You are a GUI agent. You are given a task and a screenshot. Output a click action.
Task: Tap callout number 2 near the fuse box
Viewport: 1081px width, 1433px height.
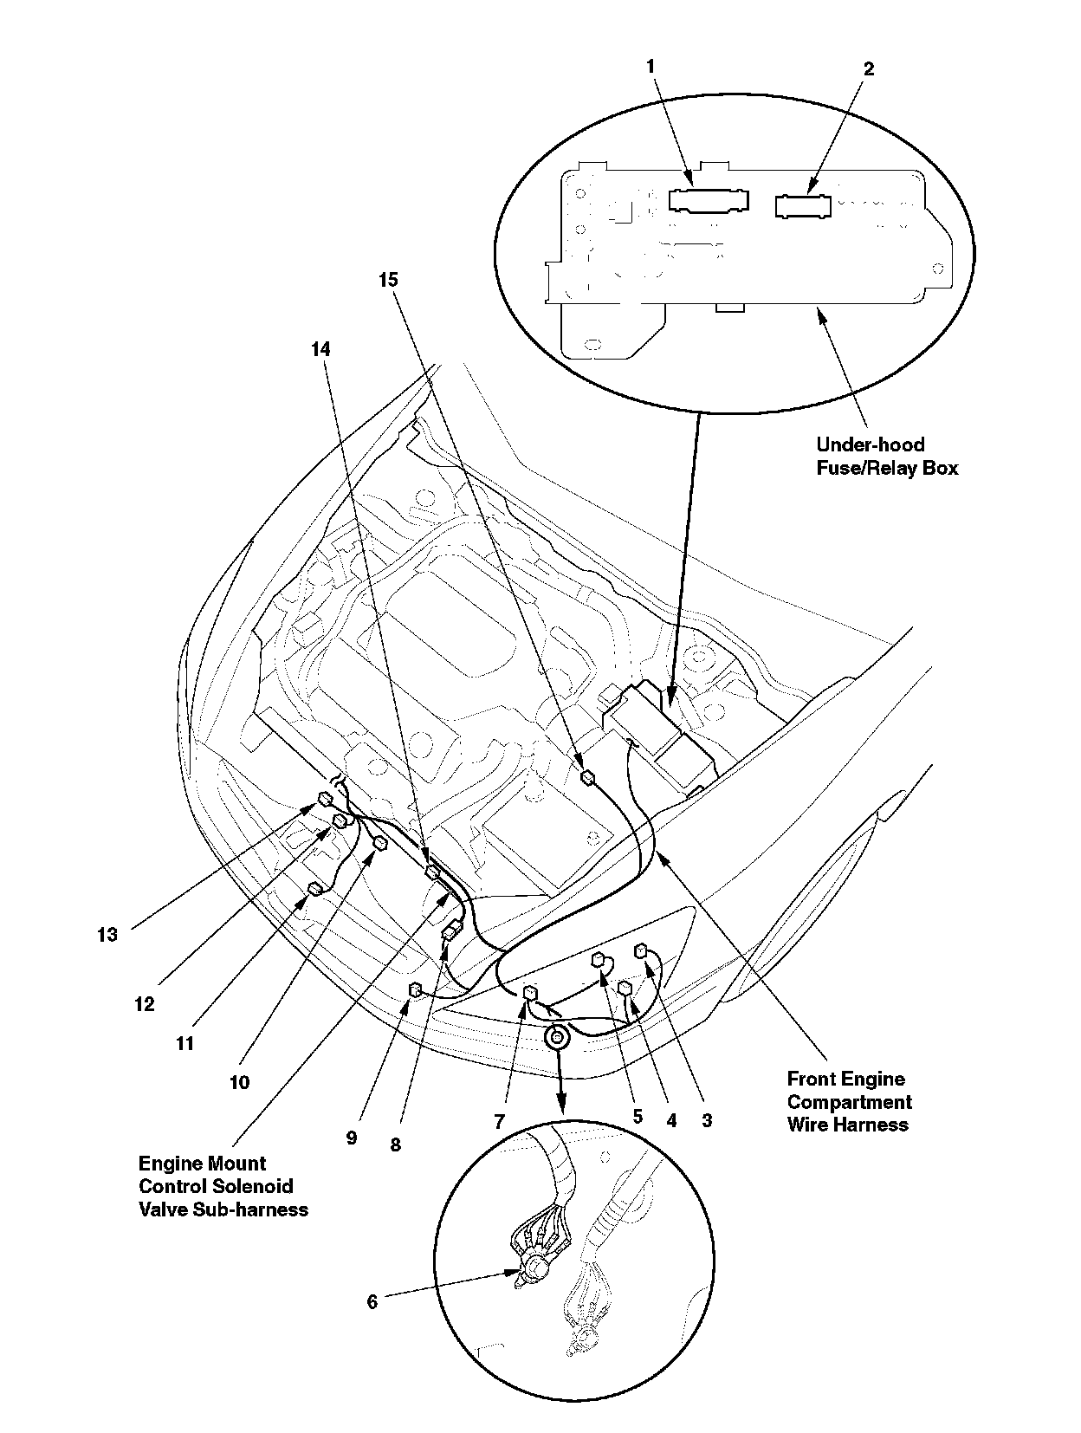point(869,69)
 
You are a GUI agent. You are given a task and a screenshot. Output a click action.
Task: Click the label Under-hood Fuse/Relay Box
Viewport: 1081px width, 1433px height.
point(887,457)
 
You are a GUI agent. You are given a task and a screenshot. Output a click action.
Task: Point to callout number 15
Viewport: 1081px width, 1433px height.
point(388,280)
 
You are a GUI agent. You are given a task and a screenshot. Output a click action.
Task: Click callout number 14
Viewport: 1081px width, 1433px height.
point(320,349)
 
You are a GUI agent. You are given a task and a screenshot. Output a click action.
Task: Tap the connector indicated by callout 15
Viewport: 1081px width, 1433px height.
point(587,777)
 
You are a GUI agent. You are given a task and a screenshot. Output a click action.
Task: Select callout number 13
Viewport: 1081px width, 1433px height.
point(107,935)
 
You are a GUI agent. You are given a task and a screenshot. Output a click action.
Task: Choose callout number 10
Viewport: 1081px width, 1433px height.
point(239,1082)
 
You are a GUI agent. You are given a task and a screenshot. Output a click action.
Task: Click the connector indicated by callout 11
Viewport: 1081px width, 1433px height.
point(315,888)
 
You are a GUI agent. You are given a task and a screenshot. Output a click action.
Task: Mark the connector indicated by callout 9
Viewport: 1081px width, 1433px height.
point(415,989)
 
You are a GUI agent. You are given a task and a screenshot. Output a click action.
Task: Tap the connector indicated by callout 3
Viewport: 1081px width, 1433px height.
point(642,950)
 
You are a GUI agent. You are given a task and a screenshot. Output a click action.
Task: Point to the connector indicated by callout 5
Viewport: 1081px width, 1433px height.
point(599,959)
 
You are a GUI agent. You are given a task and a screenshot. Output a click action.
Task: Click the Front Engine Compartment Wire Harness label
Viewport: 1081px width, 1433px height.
point(849,1102)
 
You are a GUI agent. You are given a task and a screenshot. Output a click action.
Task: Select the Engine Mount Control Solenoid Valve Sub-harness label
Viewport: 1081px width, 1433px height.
point(223,1186)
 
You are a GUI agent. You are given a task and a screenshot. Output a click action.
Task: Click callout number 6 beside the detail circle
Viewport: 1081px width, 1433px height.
point(372,1302)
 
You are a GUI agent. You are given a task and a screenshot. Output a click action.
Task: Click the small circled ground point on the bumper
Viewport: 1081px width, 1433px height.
point(556,1036)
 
